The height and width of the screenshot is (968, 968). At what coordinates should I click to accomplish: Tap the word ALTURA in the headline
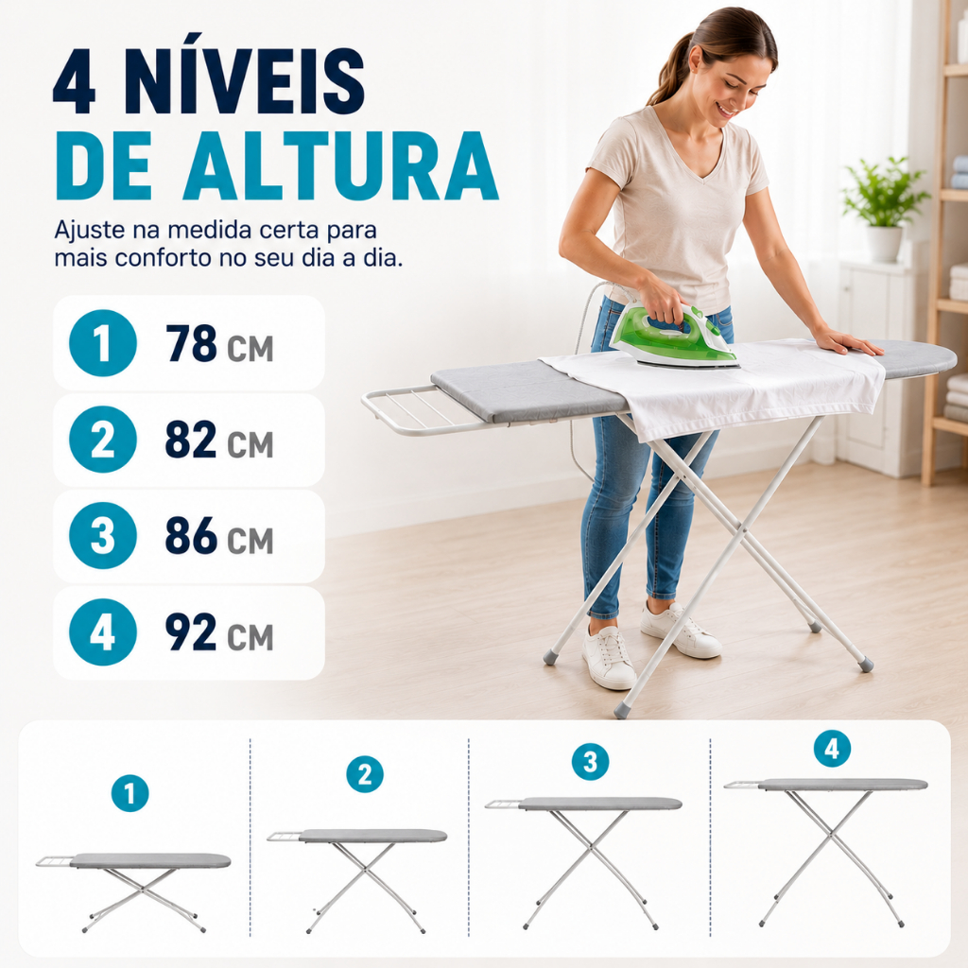pos(339,164)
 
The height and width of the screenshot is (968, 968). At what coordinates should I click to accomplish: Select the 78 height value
pos(191,343)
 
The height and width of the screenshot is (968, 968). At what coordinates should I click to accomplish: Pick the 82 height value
pos(191,440)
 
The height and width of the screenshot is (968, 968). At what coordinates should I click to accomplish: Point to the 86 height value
pos(191,536)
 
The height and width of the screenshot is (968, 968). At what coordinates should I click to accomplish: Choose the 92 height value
pos(191,632)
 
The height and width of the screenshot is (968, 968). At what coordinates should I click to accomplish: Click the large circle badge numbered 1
pos(102,343)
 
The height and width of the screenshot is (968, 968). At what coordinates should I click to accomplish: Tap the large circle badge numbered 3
pos(102,536)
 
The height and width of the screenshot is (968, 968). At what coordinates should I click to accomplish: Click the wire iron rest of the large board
pos(426,409)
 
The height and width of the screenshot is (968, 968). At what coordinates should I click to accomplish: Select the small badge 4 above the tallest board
pos(832,749)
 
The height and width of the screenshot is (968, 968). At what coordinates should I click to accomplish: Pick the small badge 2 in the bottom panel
pos(365,774)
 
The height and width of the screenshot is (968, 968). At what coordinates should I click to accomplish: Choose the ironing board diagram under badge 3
pos(583,863)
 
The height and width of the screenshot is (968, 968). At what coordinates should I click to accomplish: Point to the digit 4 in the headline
pos(75,81)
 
